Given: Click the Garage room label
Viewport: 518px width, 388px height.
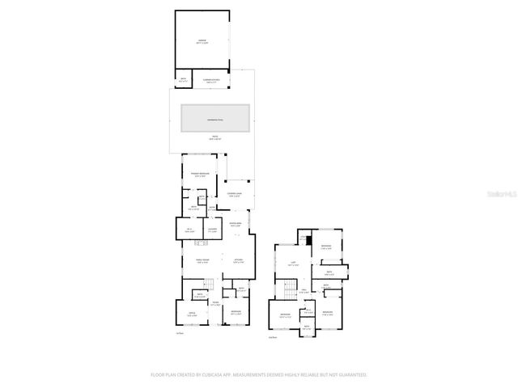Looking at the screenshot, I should click(202, 41).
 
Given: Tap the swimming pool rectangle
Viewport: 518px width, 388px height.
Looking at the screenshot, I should click(214, 118).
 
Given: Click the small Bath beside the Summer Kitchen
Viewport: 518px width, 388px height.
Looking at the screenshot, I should click(183, 79).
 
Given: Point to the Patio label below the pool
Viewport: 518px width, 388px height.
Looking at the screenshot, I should click(214, 137).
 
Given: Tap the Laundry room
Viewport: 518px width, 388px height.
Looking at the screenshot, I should click(213, 231).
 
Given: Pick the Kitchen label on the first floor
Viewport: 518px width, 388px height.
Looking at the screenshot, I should click(239, 260).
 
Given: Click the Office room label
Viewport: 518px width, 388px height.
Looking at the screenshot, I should click(192, 314).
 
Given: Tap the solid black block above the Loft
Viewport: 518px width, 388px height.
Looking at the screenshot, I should click(308, 238).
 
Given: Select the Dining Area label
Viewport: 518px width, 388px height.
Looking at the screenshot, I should click(236, 225).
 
